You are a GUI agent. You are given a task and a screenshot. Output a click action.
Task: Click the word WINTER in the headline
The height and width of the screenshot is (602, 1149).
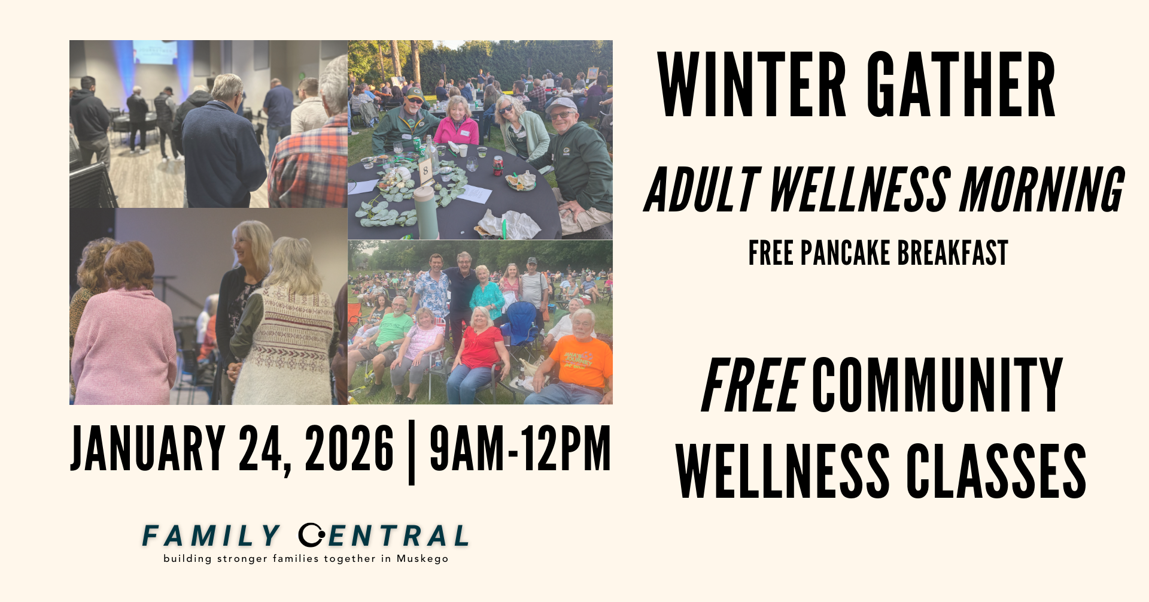click(752, 84)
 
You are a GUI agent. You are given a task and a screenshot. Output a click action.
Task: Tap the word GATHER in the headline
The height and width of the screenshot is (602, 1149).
click(961, 84)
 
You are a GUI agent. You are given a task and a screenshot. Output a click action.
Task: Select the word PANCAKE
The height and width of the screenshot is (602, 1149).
click(845, 253)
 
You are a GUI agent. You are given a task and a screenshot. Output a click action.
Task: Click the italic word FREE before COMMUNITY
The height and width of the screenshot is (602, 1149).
click(752, 385)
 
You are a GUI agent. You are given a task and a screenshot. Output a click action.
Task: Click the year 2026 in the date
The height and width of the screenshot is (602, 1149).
click(349, 448)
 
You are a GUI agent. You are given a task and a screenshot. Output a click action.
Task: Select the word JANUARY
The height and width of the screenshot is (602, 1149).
click(148, 448)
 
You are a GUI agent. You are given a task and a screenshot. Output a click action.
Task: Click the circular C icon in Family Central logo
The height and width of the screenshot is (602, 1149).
click(311, 535)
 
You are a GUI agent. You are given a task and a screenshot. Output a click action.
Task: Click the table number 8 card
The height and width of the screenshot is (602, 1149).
click(425, 171)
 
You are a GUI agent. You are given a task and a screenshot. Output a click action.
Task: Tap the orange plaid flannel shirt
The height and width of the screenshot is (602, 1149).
click(310, 162)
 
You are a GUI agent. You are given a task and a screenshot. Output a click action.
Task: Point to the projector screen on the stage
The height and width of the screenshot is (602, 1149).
click(154, 52)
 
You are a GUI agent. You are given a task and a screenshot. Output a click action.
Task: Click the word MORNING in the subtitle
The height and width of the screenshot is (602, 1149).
click(1042, 190)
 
